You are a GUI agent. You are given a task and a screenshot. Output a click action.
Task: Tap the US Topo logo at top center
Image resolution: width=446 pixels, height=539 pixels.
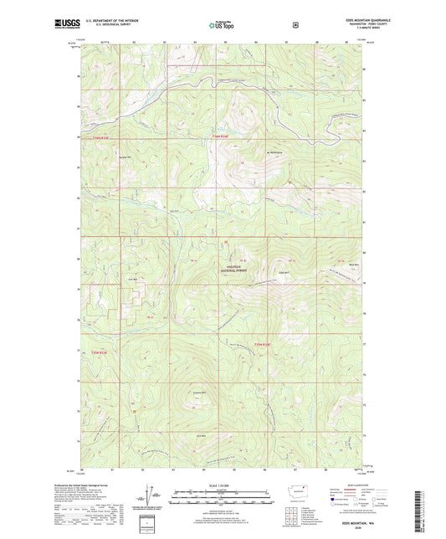click(x=223, y=25)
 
